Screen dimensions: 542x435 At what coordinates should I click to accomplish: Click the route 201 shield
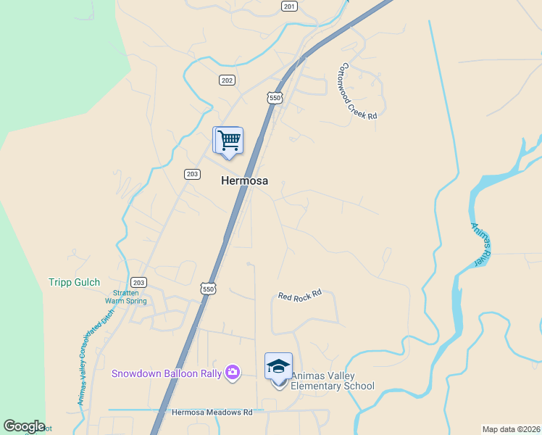pos(289,6)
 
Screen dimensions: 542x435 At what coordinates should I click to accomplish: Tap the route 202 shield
pos(227,80)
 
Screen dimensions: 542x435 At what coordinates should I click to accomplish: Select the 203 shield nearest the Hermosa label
pos(192,173)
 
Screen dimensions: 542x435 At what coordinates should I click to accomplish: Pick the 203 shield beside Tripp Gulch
pos(139,282)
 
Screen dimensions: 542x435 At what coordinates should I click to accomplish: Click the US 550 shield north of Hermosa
pos(273,96)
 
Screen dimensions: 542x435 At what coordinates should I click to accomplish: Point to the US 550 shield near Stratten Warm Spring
pos(209,288)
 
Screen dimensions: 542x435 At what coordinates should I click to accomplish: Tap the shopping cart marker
pos(229,141)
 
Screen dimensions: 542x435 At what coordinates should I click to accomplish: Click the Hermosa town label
pos(244,181)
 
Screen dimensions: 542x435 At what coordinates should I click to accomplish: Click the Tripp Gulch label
pos(74,282)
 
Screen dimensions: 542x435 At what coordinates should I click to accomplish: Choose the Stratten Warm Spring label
pos(125,297)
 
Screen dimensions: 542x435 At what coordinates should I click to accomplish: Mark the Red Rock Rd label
pos(299,296)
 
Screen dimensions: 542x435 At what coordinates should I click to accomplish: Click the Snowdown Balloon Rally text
pos(166,373)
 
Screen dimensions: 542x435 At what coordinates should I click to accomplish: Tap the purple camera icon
pos(232,373)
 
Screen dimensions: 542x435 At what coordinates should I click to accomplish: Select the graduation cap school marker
pos(278,367)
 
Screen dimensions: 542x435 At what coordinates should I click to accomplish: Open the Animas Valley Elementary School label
pos(333,381)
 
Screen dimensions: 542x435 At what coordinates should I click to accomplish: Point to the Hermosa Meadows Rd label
pos(212,412)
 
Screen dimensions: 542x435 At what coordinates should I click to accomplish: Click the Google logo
pos(24,426)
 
